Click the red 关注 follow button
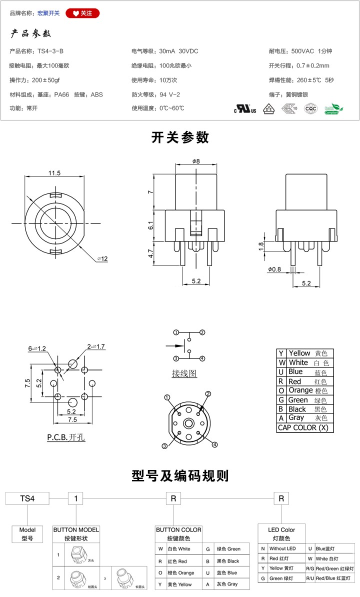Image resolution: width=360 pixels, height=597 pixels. click(82, 13)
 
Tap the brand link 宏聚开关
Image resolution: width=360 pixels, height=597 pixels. click(48, 13)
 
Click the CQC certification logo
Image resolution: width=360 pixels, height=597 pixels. click(311, 108)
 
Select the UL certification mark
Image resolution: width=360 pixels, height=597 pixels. click(245, 108)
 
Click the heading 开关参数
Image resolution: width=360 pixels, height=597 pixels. click(180, 137)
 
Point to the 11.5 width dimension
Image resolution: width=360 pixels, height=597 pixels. click(54, 173)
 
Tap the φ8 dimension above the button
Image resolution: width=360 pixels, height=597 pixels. click(195, 161)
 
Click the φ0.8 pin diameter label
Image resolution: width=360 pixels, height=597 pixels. click(274, 269)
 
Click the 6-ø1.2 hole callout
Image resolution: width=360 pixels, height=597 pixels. click(37, 348)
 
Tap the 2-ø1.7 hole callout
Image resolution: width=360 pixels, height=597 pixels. click(96, 346)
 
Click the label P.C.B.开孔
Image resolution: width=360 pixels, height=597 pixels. click(66, 437)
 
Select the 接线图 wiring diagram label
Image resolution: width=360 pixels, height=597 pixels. click(184, 373)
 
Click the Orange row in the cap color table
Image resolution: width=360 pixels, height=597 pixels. click(305, 390)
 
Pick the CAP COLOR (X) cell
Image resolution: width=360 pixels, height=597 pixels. click(305, 427)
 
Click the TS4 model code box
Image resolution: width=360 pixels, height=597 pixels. click(27, 498)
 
